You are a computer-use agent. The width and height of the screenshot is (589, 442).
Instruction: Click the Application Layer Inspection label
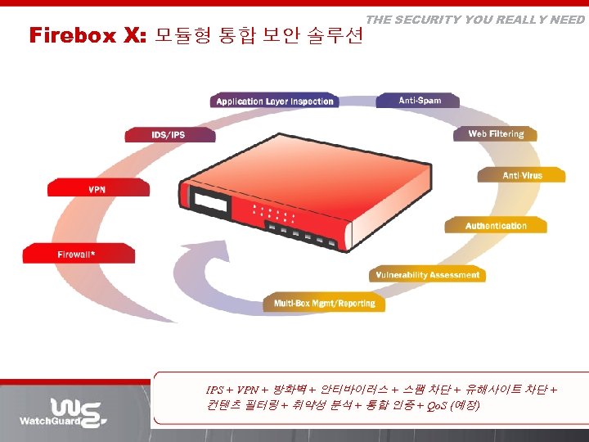[x=275, y=101]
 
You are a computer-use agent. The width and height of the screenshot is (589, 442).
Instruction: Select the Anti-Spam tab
[x=419, y=101]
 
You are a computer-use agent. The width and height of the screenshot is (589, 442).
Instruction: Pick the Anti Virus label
[x=522, y=175]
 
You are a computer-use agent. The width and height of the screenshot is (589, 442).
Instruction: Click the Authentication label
[x=496, y=226]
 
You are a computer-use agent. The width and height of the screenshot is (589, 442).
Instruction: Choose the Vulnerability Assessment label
[x=427, y=275]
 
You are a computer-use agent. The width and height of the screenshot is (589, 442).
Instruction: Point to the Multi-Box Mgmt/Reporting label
[x=324, y=304]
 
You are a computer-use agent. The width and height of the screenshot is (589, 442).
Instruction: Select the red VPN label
[x=97, y=190]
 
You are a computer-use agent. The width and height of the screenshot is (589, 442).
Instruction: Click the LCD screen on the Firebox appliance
[x=209, y=200]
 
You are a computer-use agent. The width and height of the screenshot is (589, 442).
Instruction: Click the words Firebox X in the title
[x=87, y=35]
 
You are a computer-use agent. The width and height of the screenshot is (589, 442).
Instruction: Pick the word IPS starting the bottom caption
[x=214, y=389]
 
